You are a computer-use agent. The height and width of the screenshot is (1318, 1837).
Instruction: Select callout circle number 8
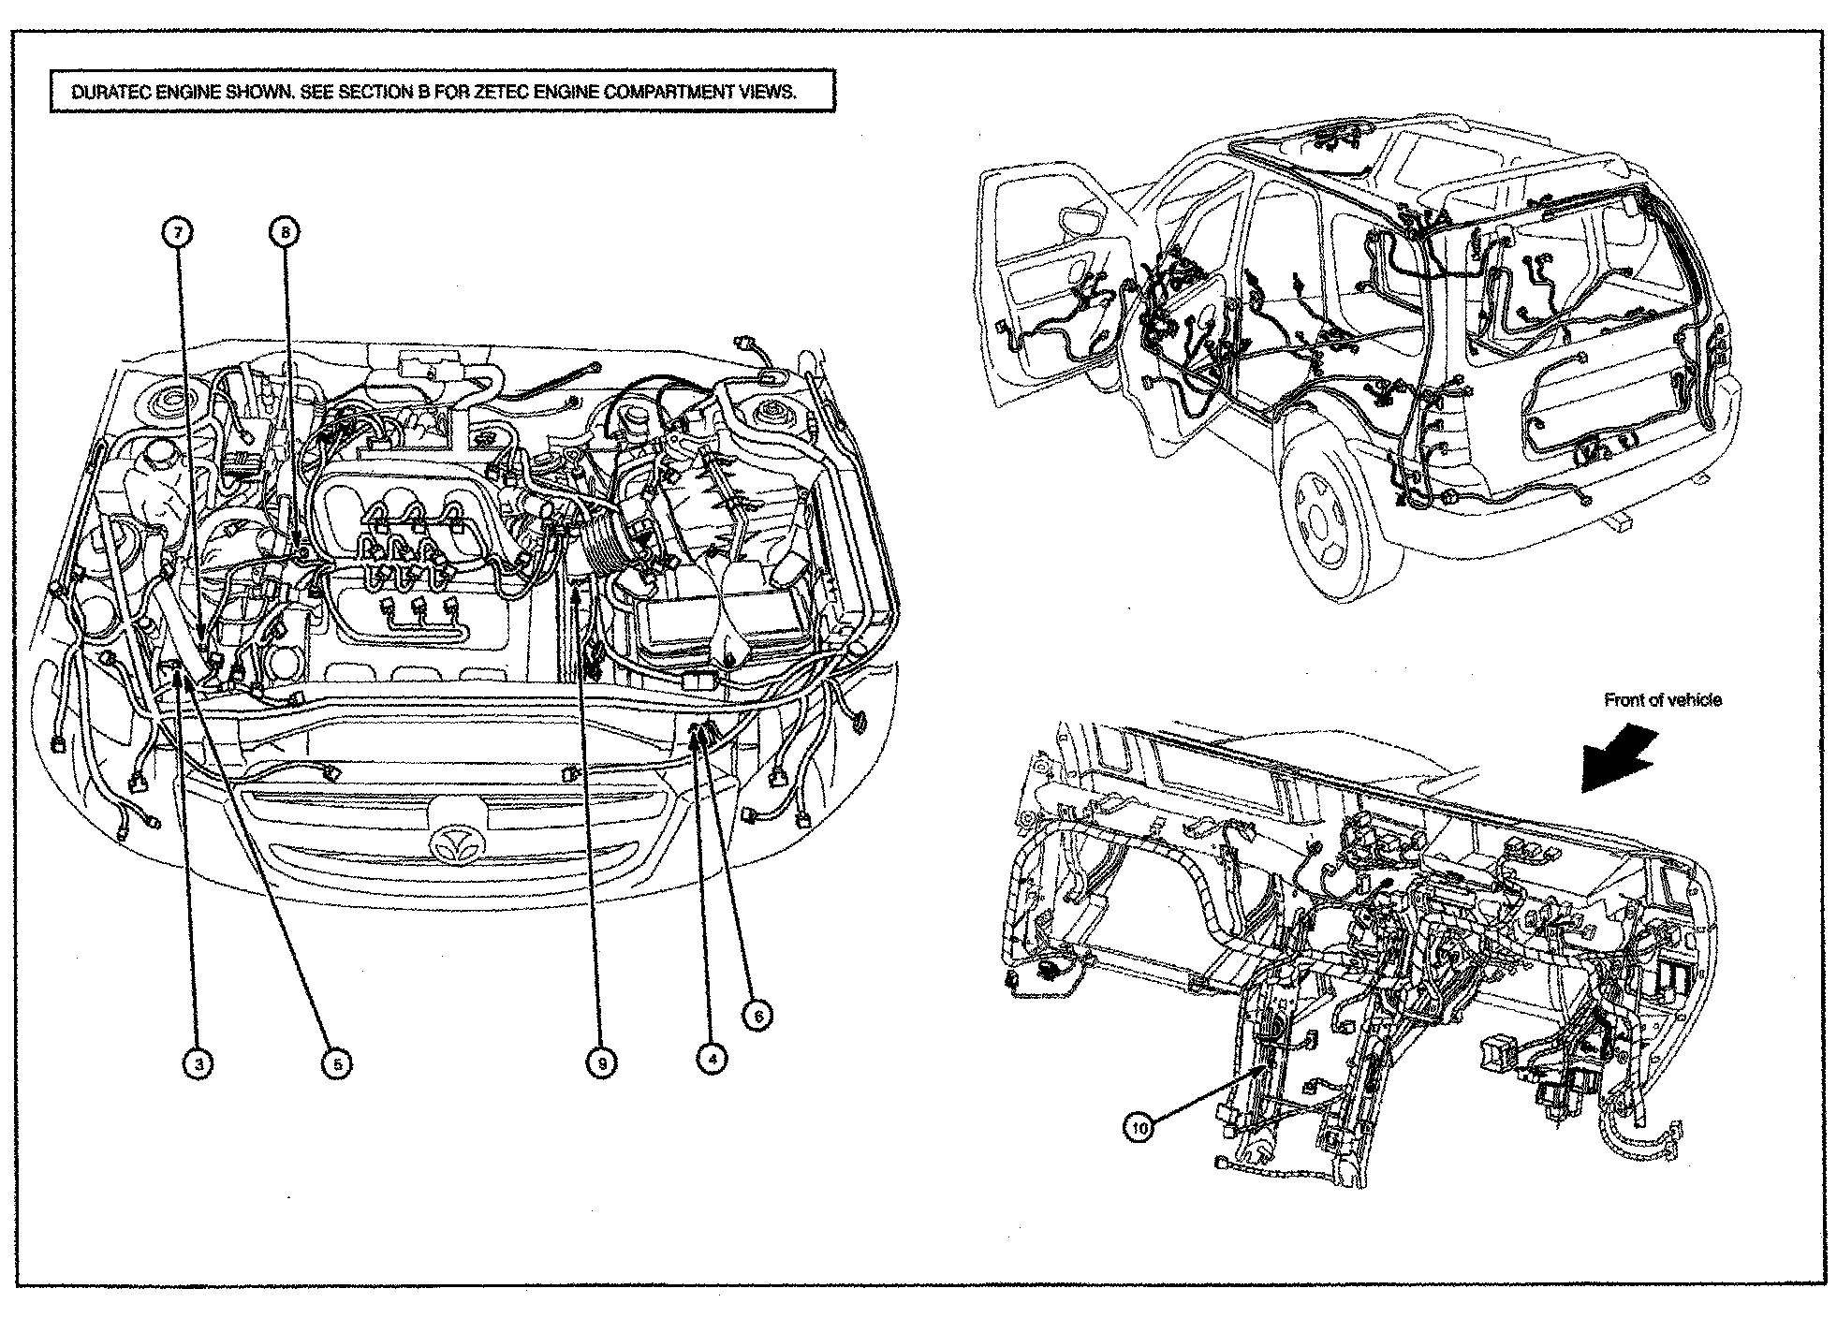pos(287,230)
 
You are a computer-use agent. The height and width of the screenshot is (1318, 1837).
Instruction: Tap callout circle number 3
pos(198,1063)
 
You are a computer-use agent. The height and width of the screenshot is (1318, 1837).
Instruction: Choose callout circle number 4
pos(712,1059)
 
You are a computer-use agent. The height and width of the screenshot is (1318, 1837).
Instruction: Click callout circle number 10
pos(1139,1129)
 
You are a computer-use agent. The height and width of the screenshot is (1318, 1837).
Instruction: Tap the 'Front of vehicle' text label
pos(1662,700)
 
